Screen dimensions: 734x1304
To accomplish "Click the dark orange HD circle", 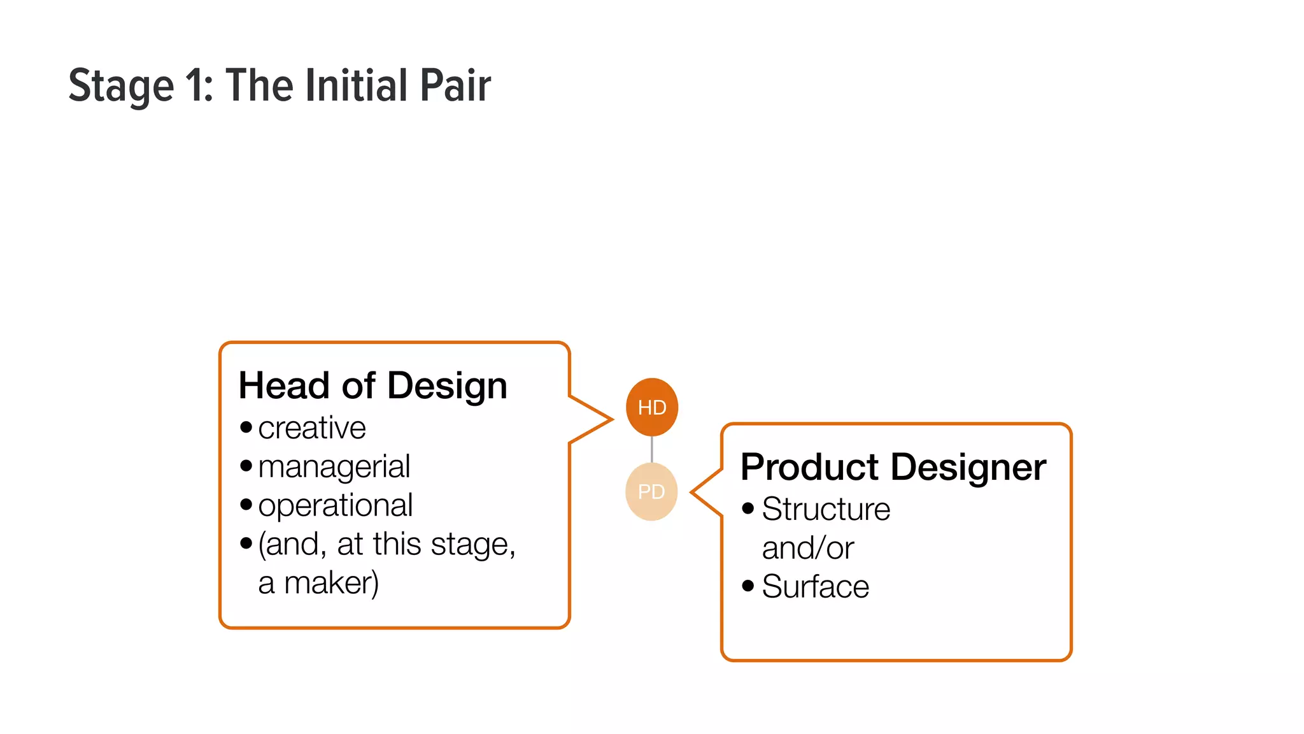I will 651,407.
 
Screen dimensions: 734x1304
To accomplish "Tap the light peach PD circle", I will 651,491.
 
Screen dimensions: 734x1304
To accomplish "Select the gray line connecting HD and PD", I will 651,449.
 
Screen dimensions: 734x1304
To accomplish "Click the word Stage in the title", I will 121,86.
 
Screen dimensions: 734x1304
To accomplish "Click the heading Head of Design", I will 372,385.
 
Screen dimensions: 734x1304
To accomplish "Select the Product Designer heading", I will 893,467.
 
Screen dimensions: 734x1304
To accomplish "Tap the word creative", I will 312,428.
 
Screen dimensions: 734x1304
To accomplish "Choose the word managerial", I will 334,467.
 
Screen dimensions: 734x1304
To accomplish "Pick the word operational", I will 335,506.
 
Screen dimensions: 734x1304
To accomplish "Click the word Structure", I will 826,509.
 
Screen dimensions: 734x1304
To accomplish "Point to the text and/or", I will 807,548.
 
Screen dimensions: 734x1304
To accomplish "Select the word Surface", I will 815,586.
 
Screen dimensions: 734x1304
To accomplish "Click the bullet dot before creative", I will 246,427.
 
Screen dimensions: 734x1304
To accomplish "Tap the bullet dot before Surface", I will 748,585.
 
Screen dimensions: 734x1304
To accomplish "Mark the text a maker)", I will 318,583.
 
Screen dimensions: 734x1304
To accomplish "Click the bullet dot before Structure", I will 748,508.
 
